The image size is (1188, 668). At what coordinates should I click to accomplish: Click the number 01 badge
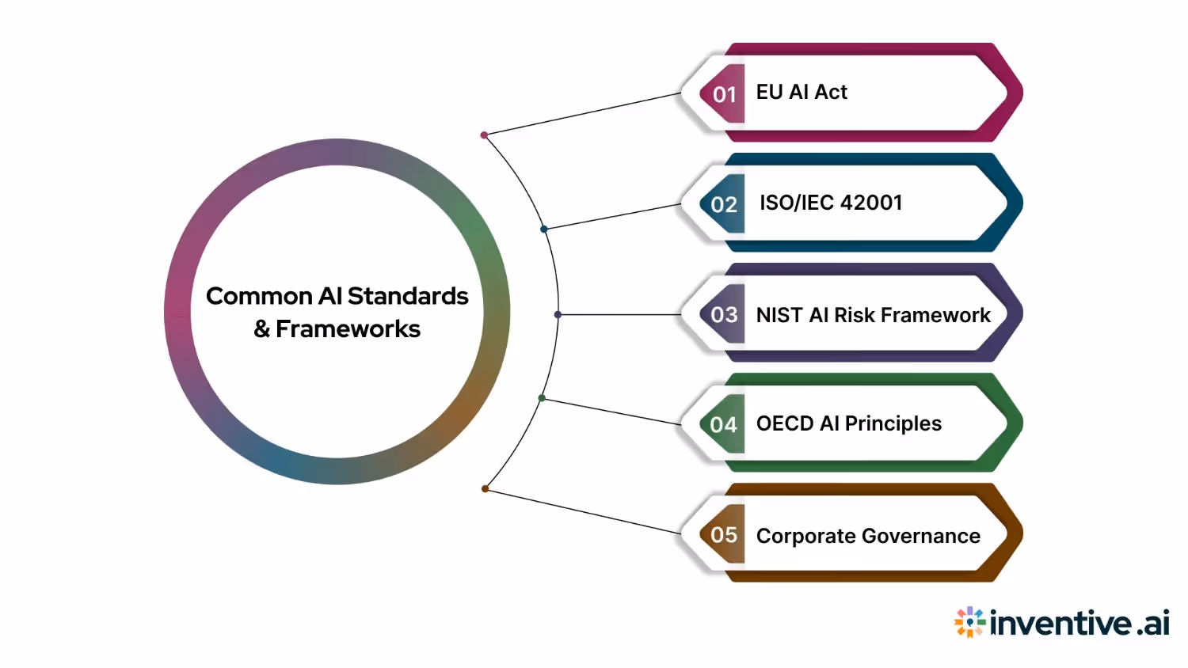[x=724, y=94]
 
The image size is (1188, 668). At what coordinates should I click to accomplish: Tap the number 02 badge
[x=724, y=204]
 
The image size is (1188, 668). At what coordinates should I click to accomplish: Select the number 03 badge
[x=724, y=314]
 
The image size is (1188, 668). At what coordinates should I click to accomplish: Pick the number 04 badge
[x=724, y=424]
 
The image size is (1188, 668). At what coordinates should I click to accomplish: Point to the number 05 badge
[x=724, y=534]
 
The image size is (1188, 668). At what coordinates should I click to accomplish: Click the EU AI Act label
[x=802, y=93]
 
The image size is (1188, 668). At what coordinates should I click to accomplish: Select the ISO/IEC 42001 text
[x=831, y=203]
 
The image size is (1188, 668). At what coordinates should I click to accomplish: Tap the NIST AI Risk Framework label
[x=873, y=315]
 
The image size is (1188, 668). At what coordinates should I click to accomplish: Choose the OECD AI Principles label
[x=849, y=424]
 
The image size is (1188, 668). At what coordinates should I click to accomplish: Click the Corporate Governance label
[x=868, y=536]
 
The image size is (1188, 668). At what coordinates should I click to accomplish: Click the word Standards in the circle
[x=408, y=296]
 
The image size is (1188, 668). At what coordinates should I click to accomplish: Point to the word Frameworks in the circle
[x=348, y=329]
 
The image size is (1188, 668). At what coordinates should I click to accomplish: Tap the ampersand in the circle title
[x=262, y=329]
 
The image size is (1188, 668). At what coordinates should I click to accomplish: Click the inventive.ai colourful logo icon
[x=969, y=622]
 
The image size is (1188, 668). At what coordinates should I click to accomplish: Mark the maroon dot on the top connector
[x=484, y=135]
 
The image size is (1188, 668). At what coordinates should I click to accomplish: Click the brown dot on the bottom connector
[x=485, y=489]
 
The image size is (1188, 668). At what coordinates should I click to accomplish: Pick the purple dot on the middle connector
[x=558, y=315]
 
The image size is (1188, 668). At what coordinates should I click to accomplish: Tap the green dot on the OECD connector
[x=542, y=398]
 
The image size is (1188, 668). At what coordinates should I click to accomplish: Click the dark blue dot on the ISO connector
[x=544, y=230]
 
